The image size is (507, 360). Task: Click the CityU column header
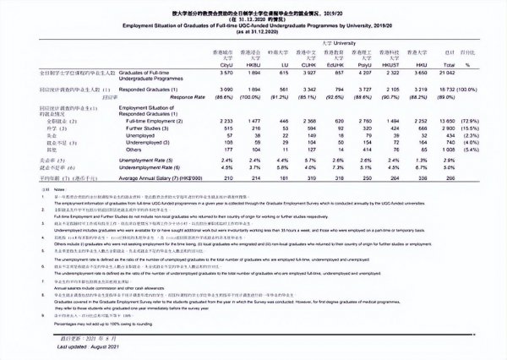pos(203,63)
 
